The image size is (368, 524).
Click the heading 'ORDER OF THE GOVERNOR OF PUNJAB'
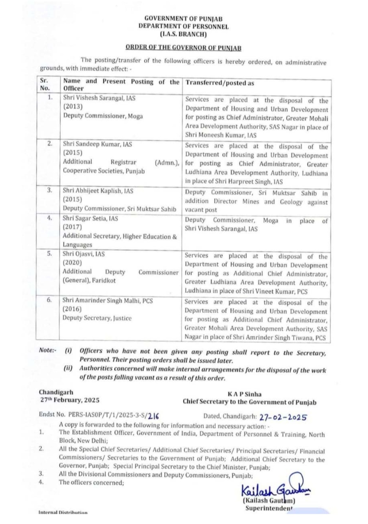pos(183,48)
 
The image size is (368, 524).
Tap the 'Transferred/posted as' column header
pos(220,83)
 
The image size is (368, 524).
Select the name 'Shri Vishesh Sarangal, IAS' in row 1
pos(99,98)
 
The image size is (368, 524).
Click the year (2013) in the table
pos(73,107)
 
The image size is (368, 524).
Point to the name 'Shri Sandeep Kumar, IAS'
pos(97,144)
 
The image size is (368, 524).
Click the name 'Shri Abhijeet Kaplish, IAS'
pos(98,191)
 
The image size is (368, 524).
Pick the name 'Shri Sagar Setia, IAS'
pos(90,218)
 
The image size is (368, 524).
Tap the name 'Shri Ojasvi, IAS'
pos(84,254)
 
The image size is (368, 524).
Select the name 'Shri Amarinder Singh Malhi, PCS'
pos(108,301)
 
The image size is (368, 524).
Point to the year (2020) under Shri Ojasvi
pos(72,263)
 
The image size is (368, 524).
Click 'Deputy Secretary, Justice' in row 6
pos(97,318)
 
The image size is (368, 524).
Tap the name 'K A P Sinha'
pos(245,394)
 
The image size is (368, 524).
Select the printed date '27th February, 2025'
pos(70,400)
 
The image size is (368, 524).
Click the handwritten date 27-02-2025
pos(283,417)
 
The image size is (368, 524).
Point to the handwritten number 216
pos(154,416)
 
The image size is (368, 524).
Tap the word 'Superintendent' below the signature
pos(269,508)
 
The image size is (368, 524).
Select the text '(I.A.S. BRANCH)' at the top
pos(183,34)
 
